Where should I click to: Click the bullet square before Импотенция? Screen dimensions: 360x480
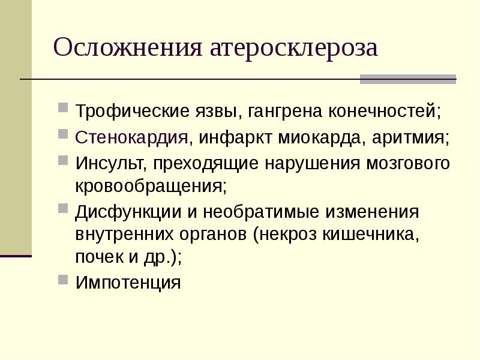(63, 279)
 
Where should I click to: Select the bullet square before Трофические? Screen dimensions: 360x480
(63, 109)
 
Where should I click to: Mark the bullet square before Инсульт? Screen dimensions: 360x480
(63, 160)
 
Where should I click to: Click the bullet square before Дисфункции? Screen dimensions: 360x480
(63, 210)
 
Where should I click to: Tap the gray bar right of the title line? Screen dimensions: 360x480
(407, 79)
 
